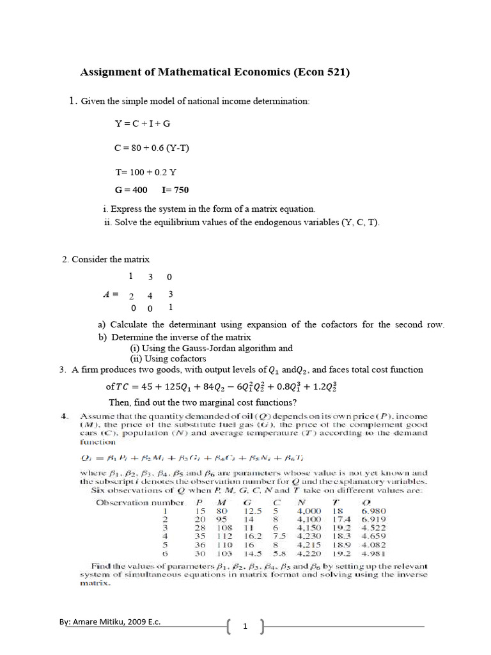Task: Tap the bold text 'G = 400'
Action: (x=131, y=190)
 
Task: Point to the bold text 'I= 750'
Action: (x=176, y=190)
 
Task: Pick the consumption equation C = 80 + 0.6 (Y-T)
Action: (x=152, y=148)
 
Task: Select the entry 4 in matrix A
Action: (x=150, y=296)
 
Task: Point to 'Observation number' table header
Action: (x=140, y=502)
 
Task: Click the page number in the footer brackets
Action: (x=244, y=627)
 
